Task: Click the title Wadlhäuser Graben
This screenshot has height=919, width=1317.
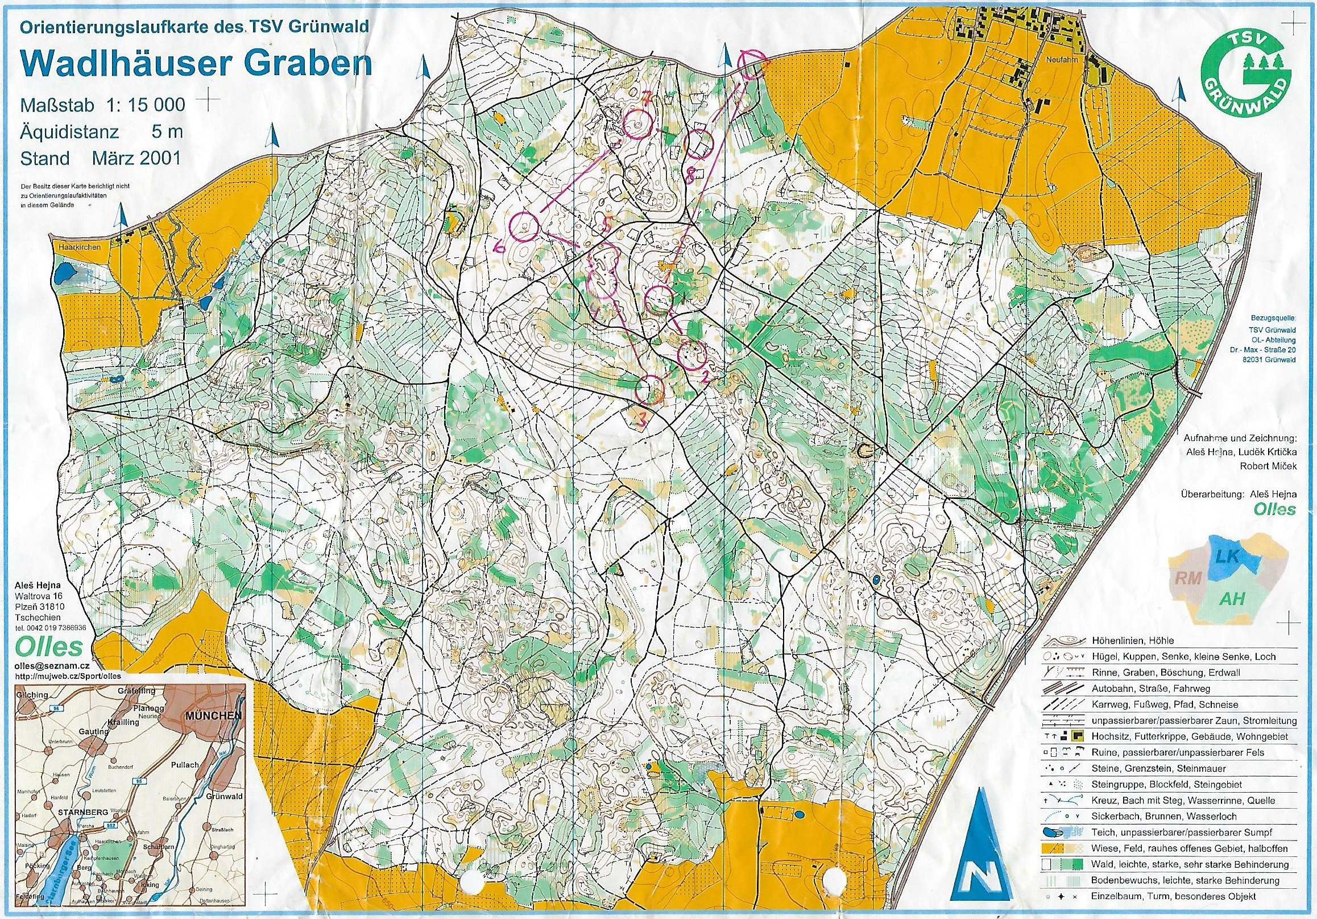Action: (x=195, y=64)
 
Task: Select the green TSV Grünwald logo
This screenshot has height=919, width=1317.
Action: (x=1246, y=67)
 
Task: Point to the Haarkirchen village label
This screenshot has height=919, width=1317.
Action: (x=80, y=248)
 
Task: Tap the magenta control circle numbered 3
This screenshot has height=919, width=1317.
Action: (x=651, y=389)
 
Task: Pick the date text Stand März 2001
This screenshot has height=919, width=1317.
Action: (x=101, y=158)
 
